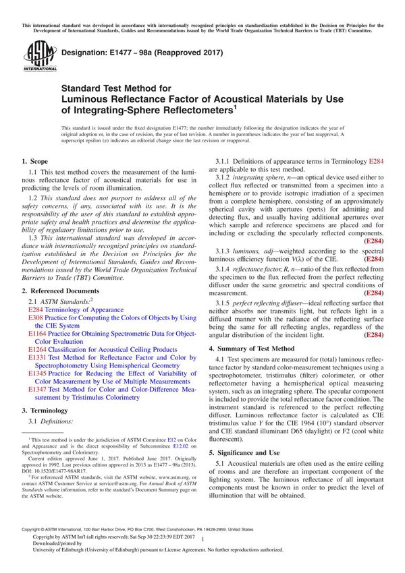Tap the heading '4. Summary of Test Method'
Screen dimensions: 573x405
pos(252,349)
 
